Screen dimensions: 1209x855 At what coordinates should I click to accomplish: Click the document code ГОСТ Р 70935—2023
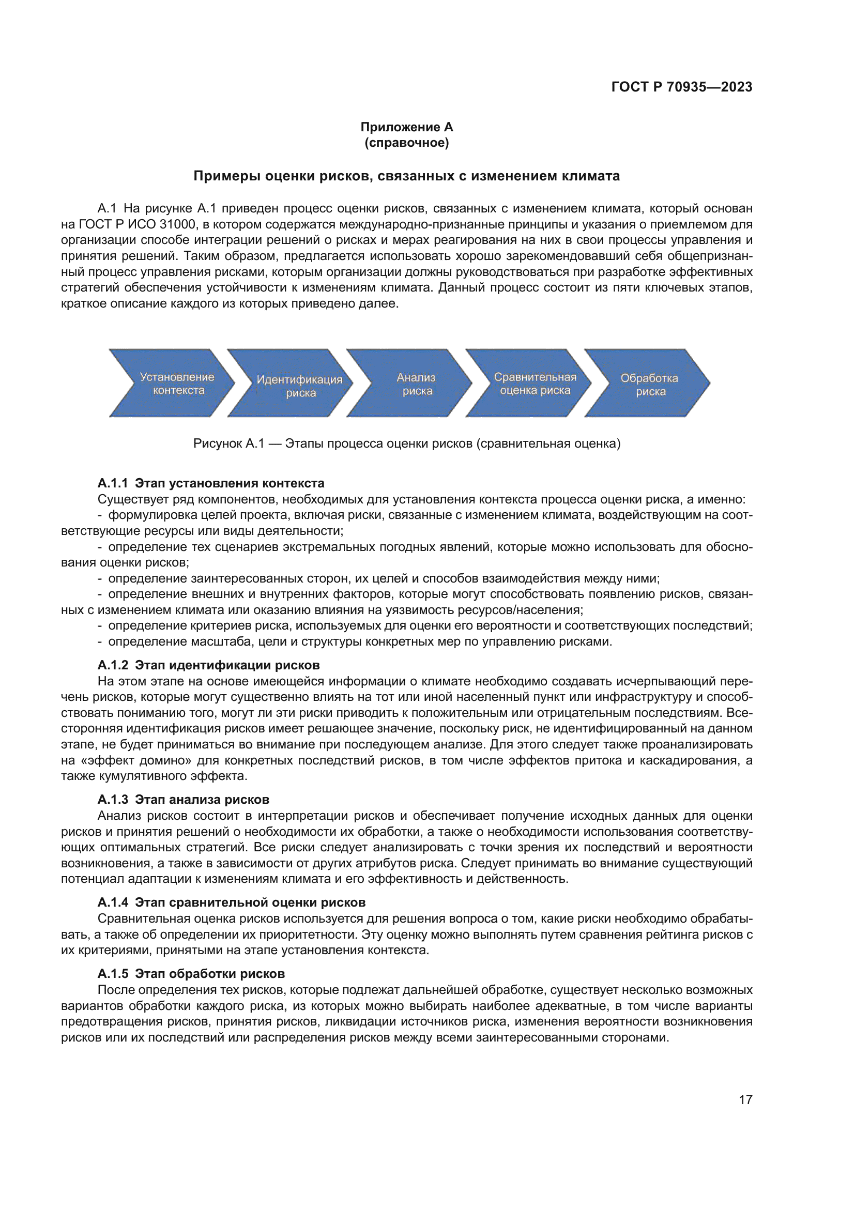pos(681,87)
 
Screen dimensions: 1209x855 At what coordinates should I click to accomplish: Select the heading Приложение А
pos(406,127)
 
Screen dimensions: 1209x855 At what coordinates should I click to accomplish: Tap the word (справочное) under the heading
pos(406,143)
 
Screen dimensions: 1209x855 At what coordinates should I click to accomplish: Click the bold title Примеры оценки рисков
pos(406,176)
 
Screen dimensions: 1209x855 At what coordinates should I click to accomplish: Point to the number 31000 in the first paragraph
pos(177,224)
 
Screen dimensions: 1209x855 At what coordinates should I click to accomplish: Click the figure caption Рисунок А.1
pos(406,443)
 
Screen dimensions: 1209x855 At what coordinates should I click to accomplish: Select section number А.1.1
pos(112,483)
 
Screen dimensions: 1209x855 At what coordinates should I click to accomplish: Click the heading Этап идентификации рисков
pos(227,665)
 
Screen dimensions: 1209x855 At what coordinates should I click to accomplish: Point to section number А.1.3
pos(112,799)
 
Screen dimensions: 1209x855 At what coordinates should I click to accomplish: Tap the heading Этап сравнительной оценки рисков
pos(250,902)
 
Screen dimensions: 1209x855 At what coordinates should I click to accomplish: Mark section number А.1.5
pos(112,974)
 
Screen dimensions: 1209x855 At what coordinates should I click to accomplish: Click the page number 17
pos(745,1099)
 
